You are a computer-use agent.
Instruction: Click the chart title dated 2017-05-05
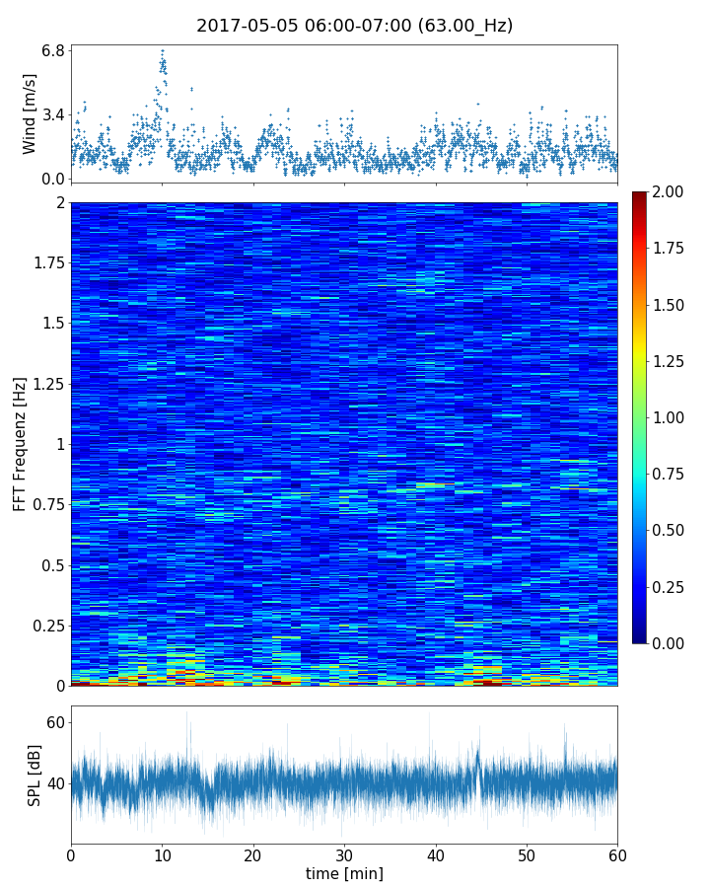pyautogui.click(x=355, y=26)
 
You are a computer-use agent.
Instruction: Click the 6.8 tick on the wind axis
pyautogui.click(x=53, y=49)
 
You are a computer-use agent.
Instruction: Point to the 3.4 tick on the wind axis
pyautogui.click(x=53, y=114)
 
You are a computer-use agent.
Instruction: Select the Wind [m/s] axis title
pyautogui.click(x=30, y=113)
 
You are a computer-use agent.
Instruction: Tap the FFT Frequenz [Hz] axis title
pyautogui.click(x=20, y=444)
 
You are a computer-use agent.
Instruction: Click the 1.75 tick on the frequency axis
pyautogui.click(x=46, y=262)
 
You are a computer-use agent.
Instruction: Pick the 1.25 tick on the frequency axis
pyautogui.click(x=46, y=383)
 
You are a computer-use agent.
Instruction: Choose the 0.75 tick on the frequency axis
pyautogui.click(x=46, y=504)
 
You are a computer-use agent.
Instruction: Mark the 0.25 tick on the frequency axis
pyautogui.click(x=46, y=626)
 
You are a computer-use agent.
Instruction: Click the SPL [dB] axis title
pyautogui.click(x=35, y=775)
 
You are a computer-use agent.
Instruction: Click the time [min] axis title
pyautogui.click(x=344, y=873)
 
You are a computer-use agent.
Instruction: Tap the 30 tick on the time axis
pyautogui.click(x=344, y=853)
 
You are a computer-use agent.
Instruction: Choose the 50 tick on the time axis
pyautogui.click(x=527, y=853)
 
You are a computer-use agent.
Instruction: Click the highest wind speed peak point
pyautogui.click(x=163, y=50)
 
